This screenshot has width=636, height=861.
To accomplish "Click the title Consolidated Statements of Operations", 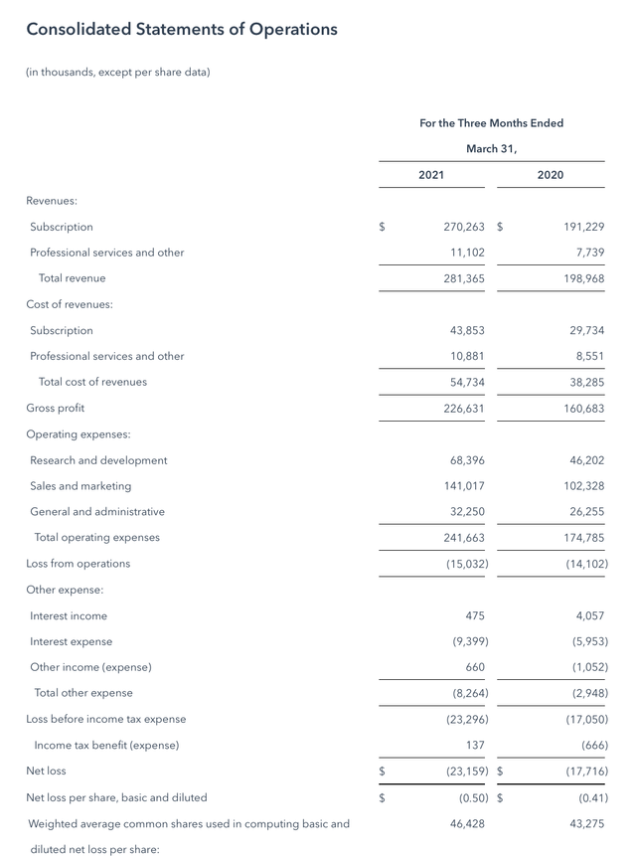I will pos(182,29).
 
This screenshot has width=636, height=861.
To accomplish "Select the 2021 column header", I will pos(431,175).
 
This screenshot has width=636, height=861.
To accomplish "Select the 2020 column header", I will pos(550,175).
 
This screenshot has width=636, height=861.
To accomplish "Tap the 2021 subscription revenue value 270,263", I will pos(463,227).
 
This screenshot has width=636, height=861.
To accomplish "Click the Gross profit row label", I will pos(56,408).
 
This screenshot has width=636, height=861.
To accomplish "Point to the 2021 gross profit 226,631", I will pos(464,408).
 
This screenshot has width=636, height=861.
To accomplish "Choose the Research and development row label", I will pos(98,460).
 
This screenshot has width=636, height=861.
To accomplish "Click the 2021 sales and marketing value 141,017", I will pos(464,486).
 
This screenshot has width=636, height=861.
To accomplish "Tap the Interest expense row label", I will pos(71,641).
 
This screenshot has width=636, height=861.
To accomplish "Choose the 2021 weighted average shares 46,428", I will pos(467,823).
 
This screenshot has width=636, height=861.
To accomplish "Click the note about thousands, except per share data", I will pos(118,72).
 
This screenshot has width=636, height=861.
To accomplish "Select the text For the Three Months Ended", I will pos(491,123).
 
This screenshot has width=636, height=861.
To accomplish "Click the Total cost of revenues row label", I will pos(92,382).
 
